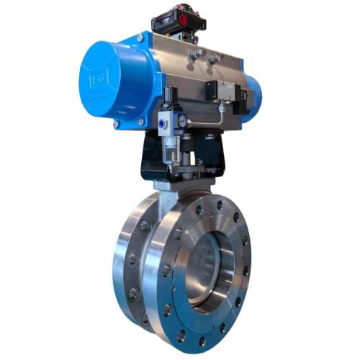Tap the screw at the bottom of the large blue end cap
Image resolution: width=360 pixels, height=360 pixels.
(116, 125)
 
